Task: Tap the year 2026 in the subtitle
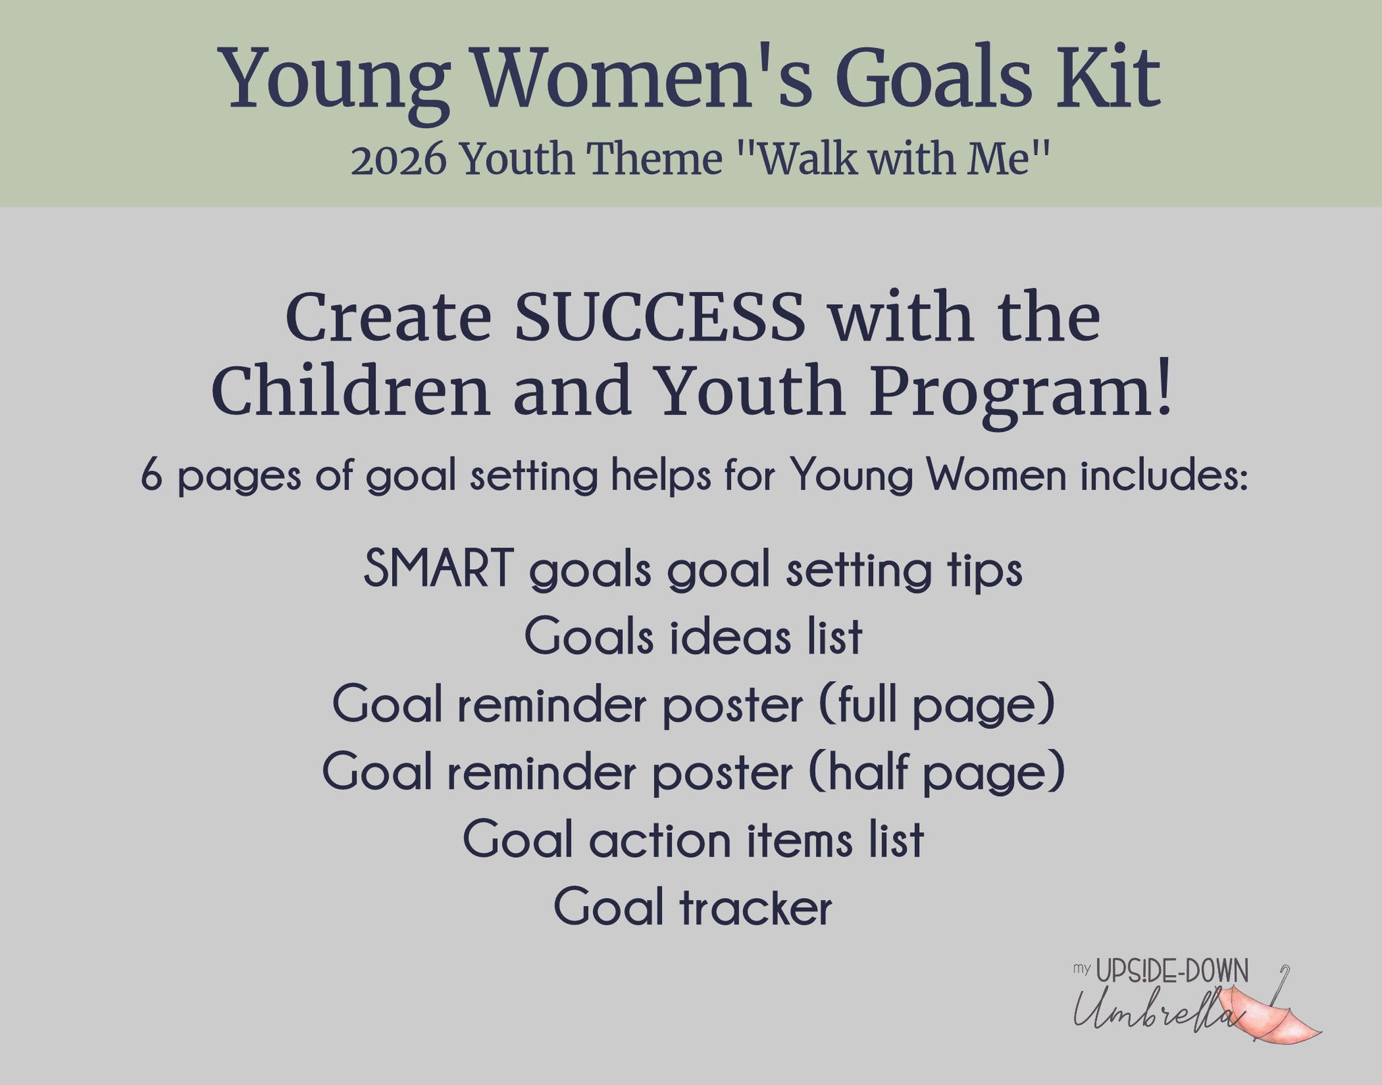pos(399,160)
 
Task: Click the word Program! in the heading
pos(1020,392)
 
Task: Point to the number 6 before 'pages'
pos(152,476)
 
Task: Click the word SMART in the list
pos(438,568)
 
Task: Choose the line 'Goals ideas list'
pos(693,636)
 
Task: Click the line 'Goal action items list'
pos(693,840)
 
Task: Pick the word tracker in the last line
pos(756,908)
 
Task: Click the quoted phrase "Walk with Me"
pos(886,160)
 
